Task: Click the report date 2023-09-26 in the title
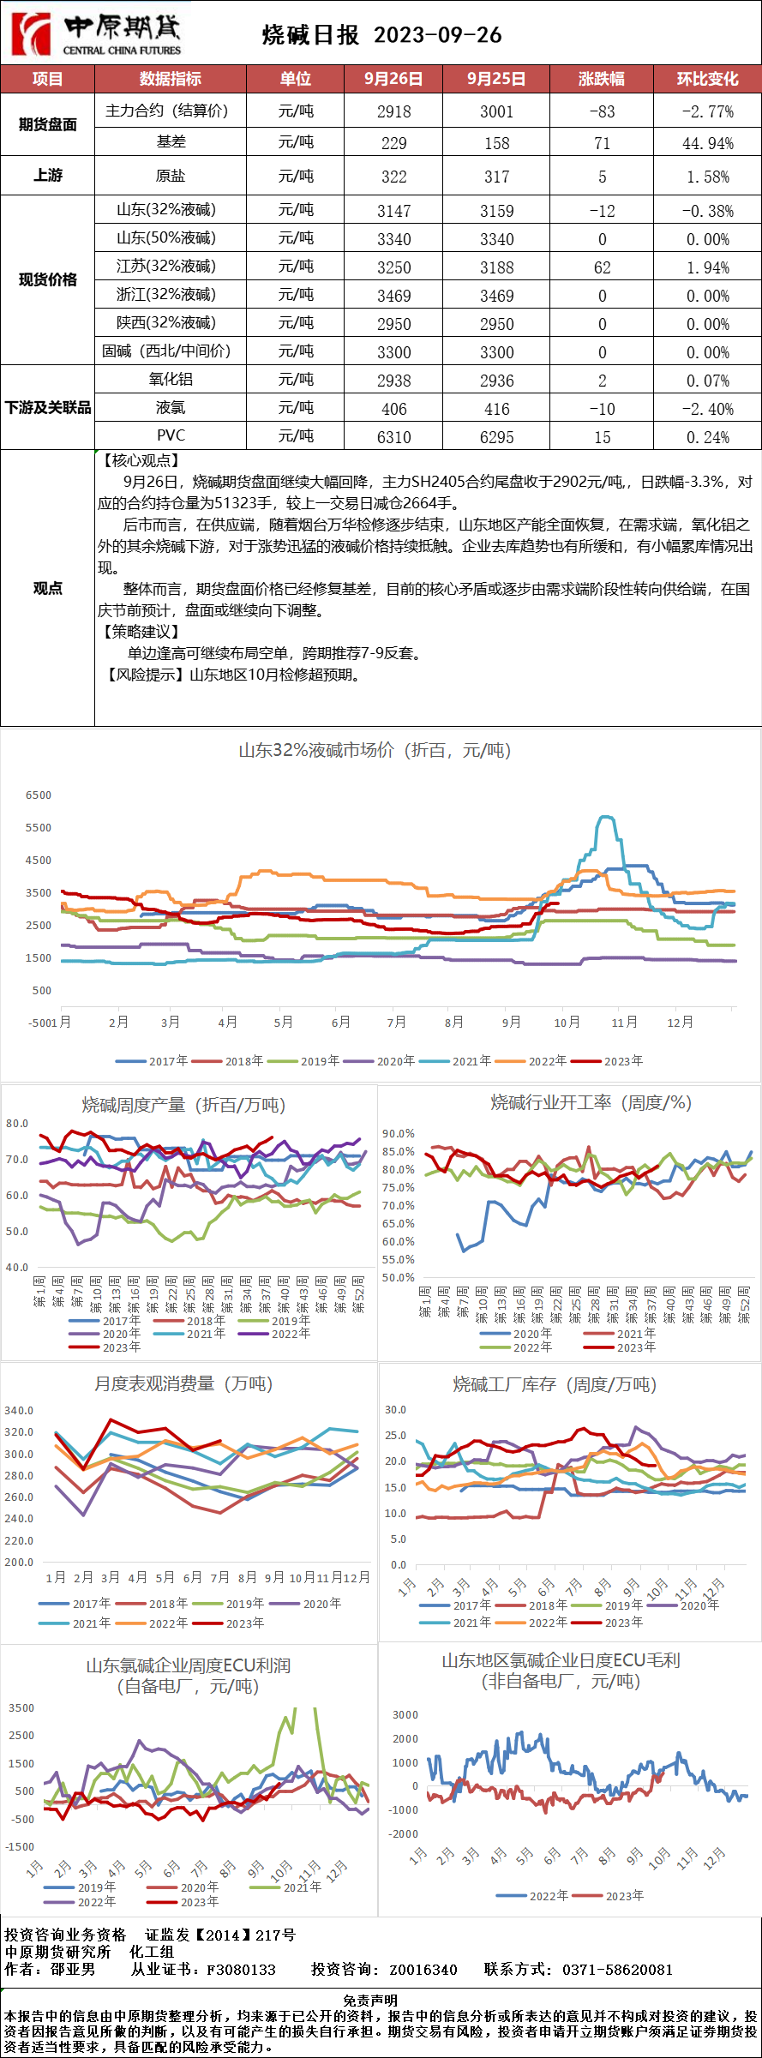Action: (x=437, y=35)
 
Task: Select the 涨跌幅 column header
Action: (x=601, y=79)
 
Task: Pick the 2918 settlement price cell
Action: (x=393, y=111)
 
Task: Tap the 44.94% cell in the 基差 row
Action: (x=707, y=143)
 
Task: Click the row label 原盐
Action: (x=170, y=176)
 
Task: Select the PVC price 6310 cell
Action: (x=393, y=437)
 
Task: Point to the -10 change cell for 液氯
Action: (x=602, y=409)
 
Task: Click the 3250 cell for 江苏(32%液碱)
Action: (x=393, y=267)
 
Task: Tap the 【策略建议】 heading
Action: (x=142, y=632)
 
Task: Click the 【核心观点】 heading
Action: (x=142, y=461)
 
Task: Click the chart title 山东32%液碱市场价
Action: (x=374, y=751)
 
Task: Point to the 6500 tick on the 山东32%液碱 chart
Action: (x=39, y=795)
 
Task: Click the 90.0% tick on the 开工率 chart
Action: (x=399, y=1133)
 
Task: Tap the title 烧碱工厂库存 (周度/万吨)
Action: (x=554, y=1385)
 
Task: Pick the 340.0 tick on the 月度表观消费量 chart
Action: (x=20, y=1410)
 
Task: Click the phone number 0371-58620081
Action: (x=617, y=1970)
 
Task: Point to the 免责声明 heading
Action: (x=370, y=2000)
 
